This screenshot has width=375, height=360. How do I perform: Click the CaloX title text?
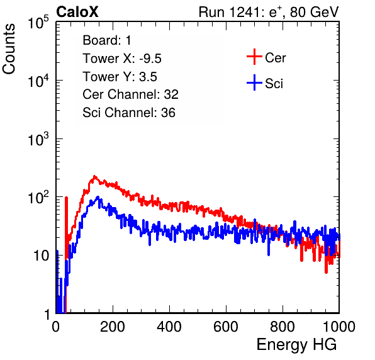[x=77, y=12]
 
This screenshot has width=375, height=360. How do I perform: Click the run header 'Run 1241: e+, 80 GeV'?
[x=269, y=12]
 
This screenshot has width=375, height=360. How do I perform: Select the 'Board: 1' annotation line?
[x=107, y=40]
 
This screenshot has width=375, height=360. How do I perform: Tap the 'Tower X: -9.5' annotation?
[x=122, y=59]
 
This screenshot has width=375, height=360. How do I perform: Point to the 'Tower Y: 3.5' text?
[x=120, y=77]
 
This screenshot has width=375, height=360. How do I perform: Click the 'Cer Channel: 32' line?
[x=131, y=94]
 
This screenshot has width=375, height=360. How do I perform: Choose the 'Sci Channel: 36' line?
[x=129, y=113]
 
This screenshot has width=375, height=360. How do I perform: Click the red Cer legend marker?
[x=254, y=57]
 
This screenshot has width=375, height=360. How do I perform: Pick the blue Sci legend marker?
[x=254, y=83]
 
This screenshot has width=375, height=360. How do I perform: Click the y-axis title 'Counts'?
[x=9, y=49]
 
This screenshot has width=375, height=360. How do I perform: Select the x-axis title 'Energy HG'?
[x=296, y=345]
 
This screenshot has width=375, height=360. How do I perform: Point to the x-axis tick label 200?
[x=113, y=327]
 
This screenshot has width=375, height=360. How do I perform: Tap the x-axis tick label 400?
[x=169, y=327]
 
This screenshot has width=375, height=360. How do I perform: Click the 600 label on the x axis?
[x=226, y=327]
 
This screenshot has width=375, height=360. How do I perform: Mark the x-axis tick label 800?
[x=283, y=327]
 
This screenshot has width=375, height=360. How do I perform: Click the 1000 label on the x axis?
[x=339, y=327]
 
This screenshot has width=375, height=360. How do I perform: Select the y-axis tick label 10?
[x=42, y=256]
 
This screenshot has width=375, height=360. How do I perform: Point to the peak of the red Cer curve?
[x=94, y=176]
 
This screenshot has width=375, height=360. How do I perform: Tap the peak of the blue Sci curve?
[x=98, y=197]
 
